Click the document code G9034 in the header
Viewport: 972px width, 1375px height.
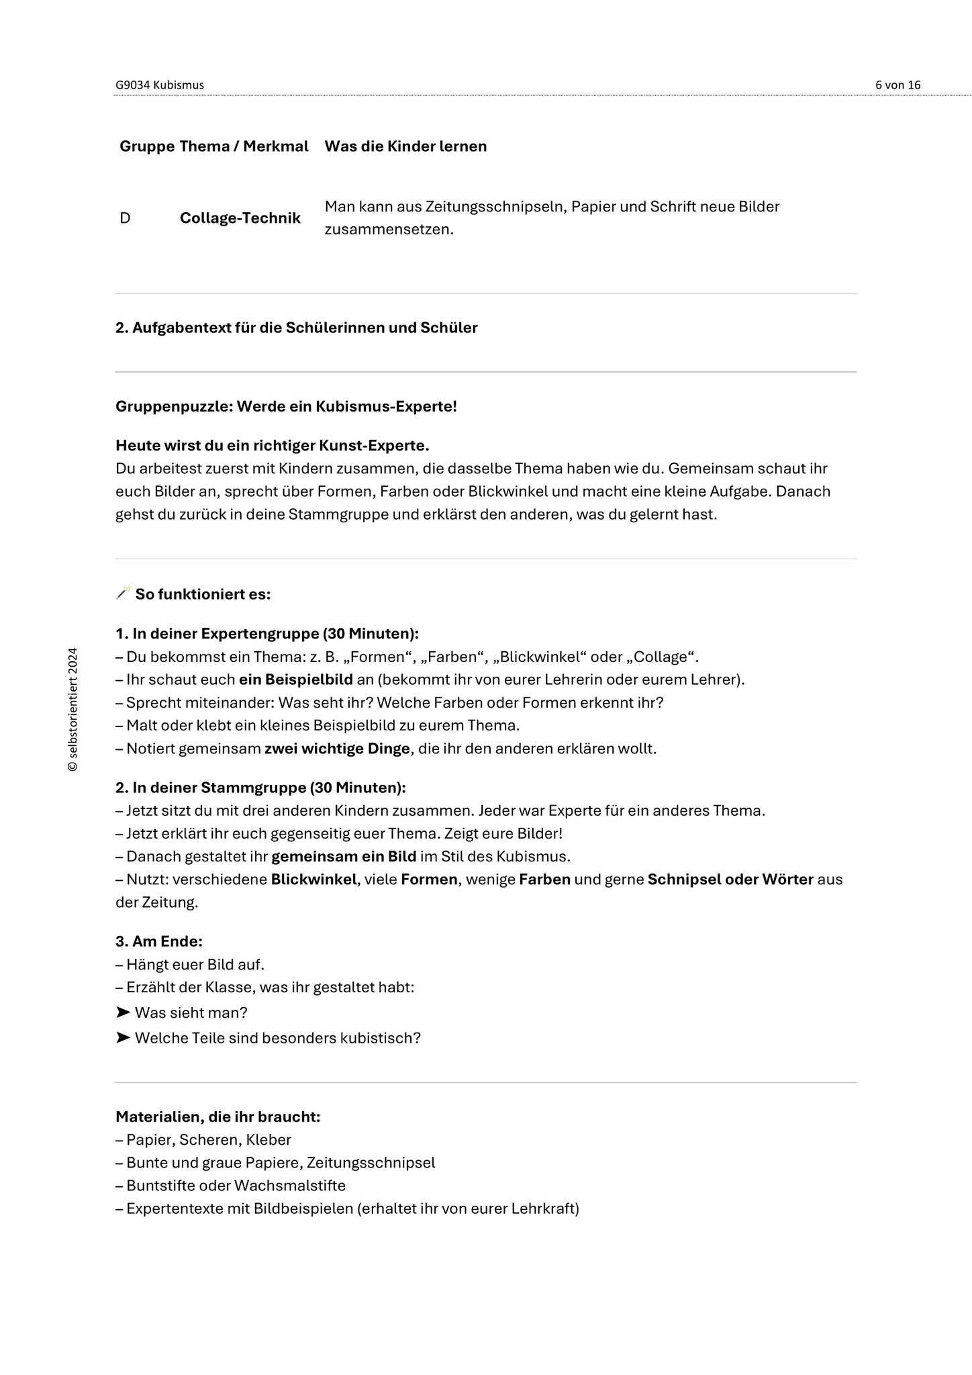click(132, 85)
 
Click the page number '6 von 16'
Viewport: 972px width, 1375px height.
click(897, 85)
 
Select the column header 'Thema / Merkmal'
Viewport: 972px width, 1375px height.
click(244, 146)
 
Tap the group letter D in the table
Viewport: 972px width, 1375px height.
click(125, 218)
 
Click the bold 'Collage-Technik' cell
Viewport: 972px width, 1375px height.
click(240, 218)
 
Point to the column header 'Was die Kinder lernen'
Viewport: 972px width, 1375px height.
click(405, 146)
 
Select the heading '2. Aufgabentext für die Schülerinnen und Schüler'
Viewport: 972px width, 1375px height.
click(296, 328)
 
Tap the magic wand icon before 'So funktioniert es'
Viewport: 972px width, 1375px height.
click(123, 592)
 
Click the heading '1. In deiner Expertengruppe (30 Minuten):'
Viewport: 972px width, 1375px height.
click(266, 634)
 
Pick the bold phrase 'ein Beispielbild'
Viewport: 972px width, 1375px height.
click(295, 679)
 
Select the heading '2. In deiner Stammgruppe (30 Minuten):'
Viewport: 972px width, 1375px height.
click(260, 788)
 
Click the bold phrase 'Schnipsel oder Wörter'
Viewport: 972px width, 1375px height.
click(730, 880)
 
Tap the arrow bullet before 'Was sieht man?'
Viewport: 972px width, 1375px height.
click(123, 1012)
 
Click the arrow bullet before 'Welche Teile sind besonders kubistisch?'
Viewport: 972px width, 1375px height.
click(123, 1037)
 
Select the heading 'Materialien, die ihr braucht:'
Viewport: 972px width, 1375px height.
click(217, 1117)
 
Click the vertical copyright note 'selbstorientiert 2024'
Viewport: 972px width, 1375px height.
click(73, 709)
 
